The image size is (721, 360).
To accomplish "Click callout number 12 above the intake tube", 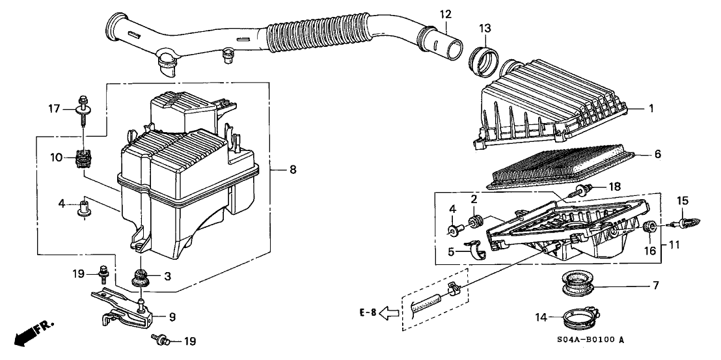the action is (445, 15).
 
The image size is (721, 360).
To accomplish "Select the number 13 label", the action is (485, 29).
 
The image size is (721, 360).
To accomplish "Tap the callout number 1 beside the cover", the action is (651, 109).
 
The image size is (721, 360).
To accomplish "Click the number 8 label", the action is (292, 170).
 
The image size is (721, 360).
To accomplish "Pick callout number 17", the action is (55, 109).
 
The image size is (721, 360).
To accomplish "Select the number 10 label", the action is (57, 158).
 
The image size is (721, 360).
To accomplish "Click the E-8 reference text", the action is (368, 312).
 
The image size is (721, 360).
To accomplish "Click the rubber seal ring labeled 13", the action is (484, 61).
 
